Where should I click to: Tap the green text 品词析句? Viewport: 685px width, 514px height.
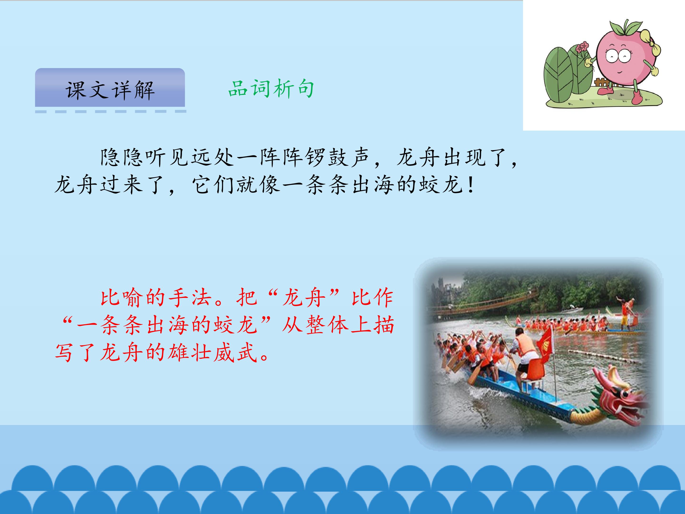(271, 89)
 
